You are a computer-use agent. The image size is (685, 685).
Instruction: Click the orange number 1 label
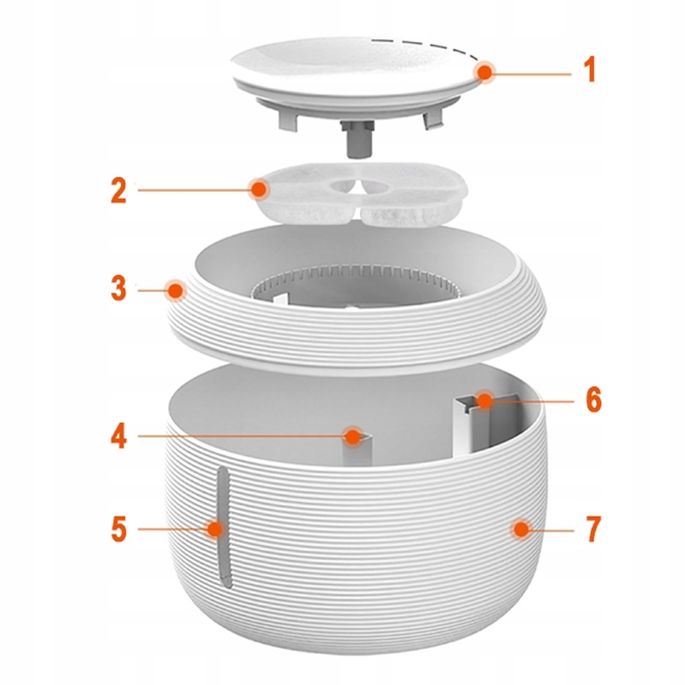coord(590,70)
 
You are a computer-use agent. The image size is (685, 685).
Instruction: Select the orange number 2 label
coord(118,190)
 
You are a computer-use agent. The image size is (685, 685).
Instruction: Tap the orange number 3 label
coord(118,289)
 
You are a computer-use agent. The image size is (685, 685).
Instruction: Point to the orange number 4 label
coord(118,436)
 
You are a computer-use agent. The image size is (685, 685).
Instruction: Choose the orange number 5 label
coord(118,528)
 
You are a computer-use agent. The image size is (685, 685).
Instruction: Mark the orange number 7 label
coord(593,528)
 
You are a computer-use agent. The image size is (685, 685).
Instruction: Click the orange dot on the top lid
coord(484,73)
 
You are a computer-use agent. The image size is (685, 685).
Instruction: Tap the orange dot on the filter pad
coord(259,190)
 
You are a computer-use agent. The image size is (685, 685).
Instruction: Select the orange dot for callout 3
coord(175,291)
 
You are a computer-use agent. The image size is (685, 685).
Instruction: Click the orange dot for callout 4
coord(352,436)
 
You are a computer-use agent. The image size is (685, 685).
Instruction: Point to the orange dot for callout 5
coord(214,529)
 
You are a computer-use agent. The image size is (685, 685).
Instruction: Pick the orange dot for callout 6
coord(484,399)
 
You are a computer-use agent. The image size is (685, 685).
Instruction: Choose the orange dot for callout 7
coord(521,529)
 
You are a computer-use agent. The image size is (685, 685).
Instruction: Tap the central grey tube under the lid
coord(357,140)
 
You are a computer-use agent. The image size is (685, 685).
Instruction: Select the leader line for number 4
coord(242,436)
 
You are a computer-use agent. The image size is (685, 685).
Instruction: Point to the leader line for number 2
coord(195,190)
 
